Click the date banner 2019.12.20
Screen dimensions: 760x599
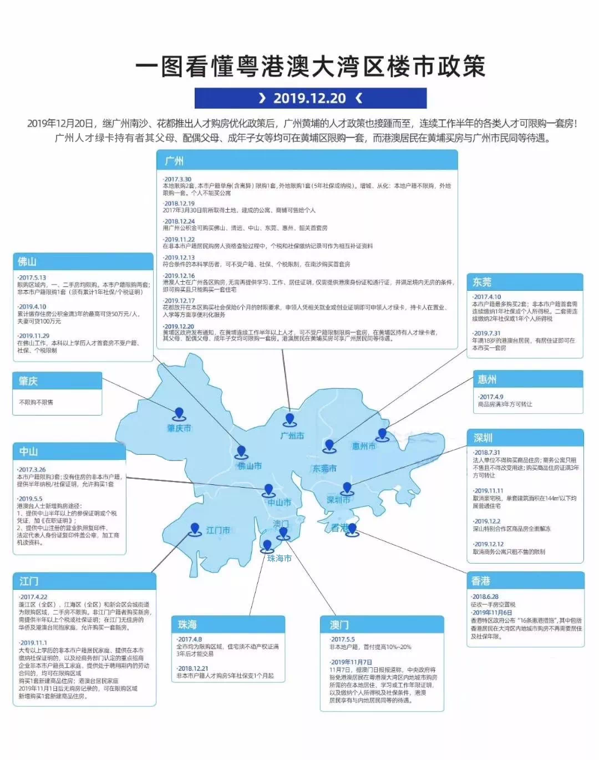click(310, 98)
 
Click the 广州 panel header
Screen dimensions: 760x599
click(307, 161)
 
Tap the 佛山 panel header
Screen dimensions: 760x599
click(83, 261)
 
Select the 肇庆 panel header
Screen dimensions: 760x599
click(58, 381)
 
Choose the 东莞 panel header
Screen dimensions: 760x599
click(525, 282)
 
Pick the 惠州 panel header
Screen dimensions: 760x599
click(527, 379)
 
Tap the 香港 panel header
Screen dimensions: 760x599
click(526, 581)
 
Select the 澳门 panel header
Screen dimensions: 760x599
click(382, 625)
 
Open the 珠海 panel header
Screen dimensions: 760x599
click(228, 625)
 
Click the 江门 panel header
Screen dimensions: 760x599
click(84, 581)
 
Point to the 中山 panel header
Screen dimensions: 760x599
click(69, 452)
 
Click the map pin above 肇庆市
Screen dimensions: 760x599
click(179, 414)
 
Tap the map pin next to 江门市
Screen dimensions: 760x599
click(195, 529)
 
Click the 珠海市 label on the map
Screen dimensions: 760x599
click(279, 558)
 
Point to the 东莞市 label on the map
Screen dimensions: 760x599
click(324, 468)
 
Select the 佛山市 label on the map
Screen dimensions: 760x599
click(250, 466)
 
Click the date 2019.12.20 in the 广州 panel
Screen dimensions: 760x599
click(179, 327)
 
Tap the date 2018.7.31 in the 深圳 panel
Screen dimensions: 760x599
click(486, 453)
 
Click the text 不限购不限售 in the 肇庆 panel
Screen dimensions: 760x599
click(37, 402)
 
